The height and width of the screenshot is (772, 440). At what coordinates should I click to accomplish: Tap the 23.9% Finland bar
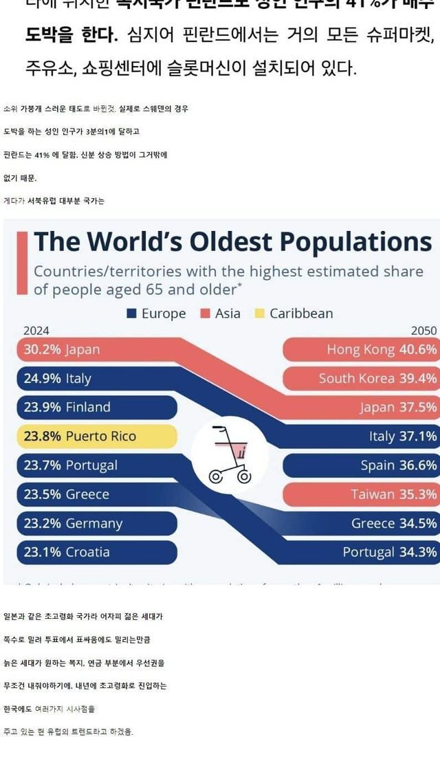pyautogui.click(x=96, y=407)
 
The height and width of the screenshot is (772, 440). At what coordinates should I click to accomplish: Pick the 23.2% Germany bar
pyautogui.click(x=96, y=523)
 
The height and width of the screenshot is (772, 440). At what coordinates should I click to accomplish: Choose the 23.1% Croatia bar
pyautogui.click(x=96, y=552)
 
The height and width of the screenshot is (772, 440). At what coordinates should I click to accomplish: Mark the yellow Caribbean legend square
pyautogui.click(x=260, y=314)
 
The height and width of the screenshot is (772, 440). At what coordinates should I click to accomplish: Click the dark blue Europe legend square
pyautogui.click(x=132, y=314)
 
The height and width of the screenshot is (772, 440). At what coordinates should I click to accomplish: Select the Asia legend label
pyautogui.click(x=228, y=314)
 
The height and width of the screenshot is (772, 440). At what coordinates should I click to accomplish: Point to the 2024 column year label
pyautogui.click(x=36, y=331)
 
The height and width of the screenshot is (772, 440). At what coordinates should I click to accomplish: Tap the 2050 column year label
pyautogui.click(x=423, y=331)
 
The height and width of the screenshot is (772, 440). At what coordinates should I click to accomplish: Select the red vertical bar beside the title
pyautogui.click(x=22, y=263)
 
